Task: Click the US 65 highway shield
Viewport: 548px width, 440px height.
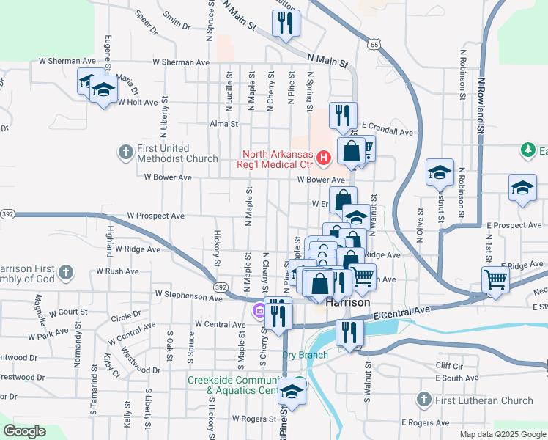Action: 374,45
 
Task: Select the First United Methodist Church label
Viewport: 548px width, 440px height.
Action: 177,153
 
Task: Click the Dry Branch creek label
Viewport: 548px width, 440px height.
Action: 306,355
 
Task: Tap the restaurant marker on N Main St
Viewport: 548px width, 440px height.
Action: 286,23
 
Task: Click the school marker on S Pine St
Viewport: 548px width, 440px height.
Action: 292,392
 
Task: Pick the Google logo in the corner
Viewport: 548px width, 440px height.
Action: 24,430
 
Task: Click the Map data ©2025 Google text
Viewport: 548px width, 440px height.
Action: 503,434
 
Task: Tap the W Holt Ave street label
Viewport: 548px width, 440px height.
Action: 138,103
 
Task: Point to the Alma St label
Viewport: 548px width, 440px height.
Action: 224,124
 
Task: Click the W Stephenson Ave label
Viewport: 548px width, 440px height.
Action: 188,298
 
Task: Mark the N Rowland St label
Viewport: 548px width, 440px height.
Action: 481,103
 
